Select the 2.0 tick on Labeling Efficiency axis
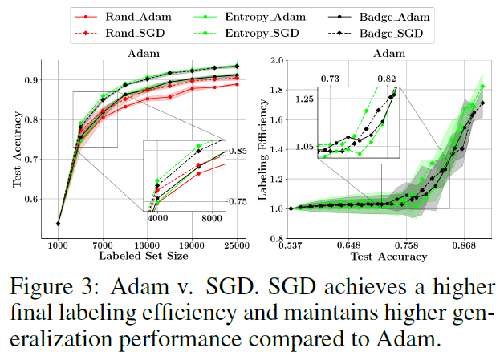pos(276,60)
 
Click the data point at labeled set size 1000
pos(59,223)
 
